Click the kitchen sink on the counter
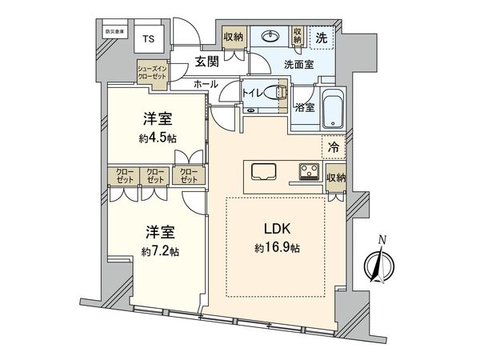[x=264, y=172]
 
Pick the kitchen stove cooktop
[x=310, y=172]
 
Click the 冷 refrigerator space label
[x=335, y=147]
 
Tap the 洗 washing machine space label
[x=321, y=38]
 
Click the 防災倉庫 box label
[x=115, y=32]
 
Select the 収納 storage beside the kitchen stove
[x=336, y=177]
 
